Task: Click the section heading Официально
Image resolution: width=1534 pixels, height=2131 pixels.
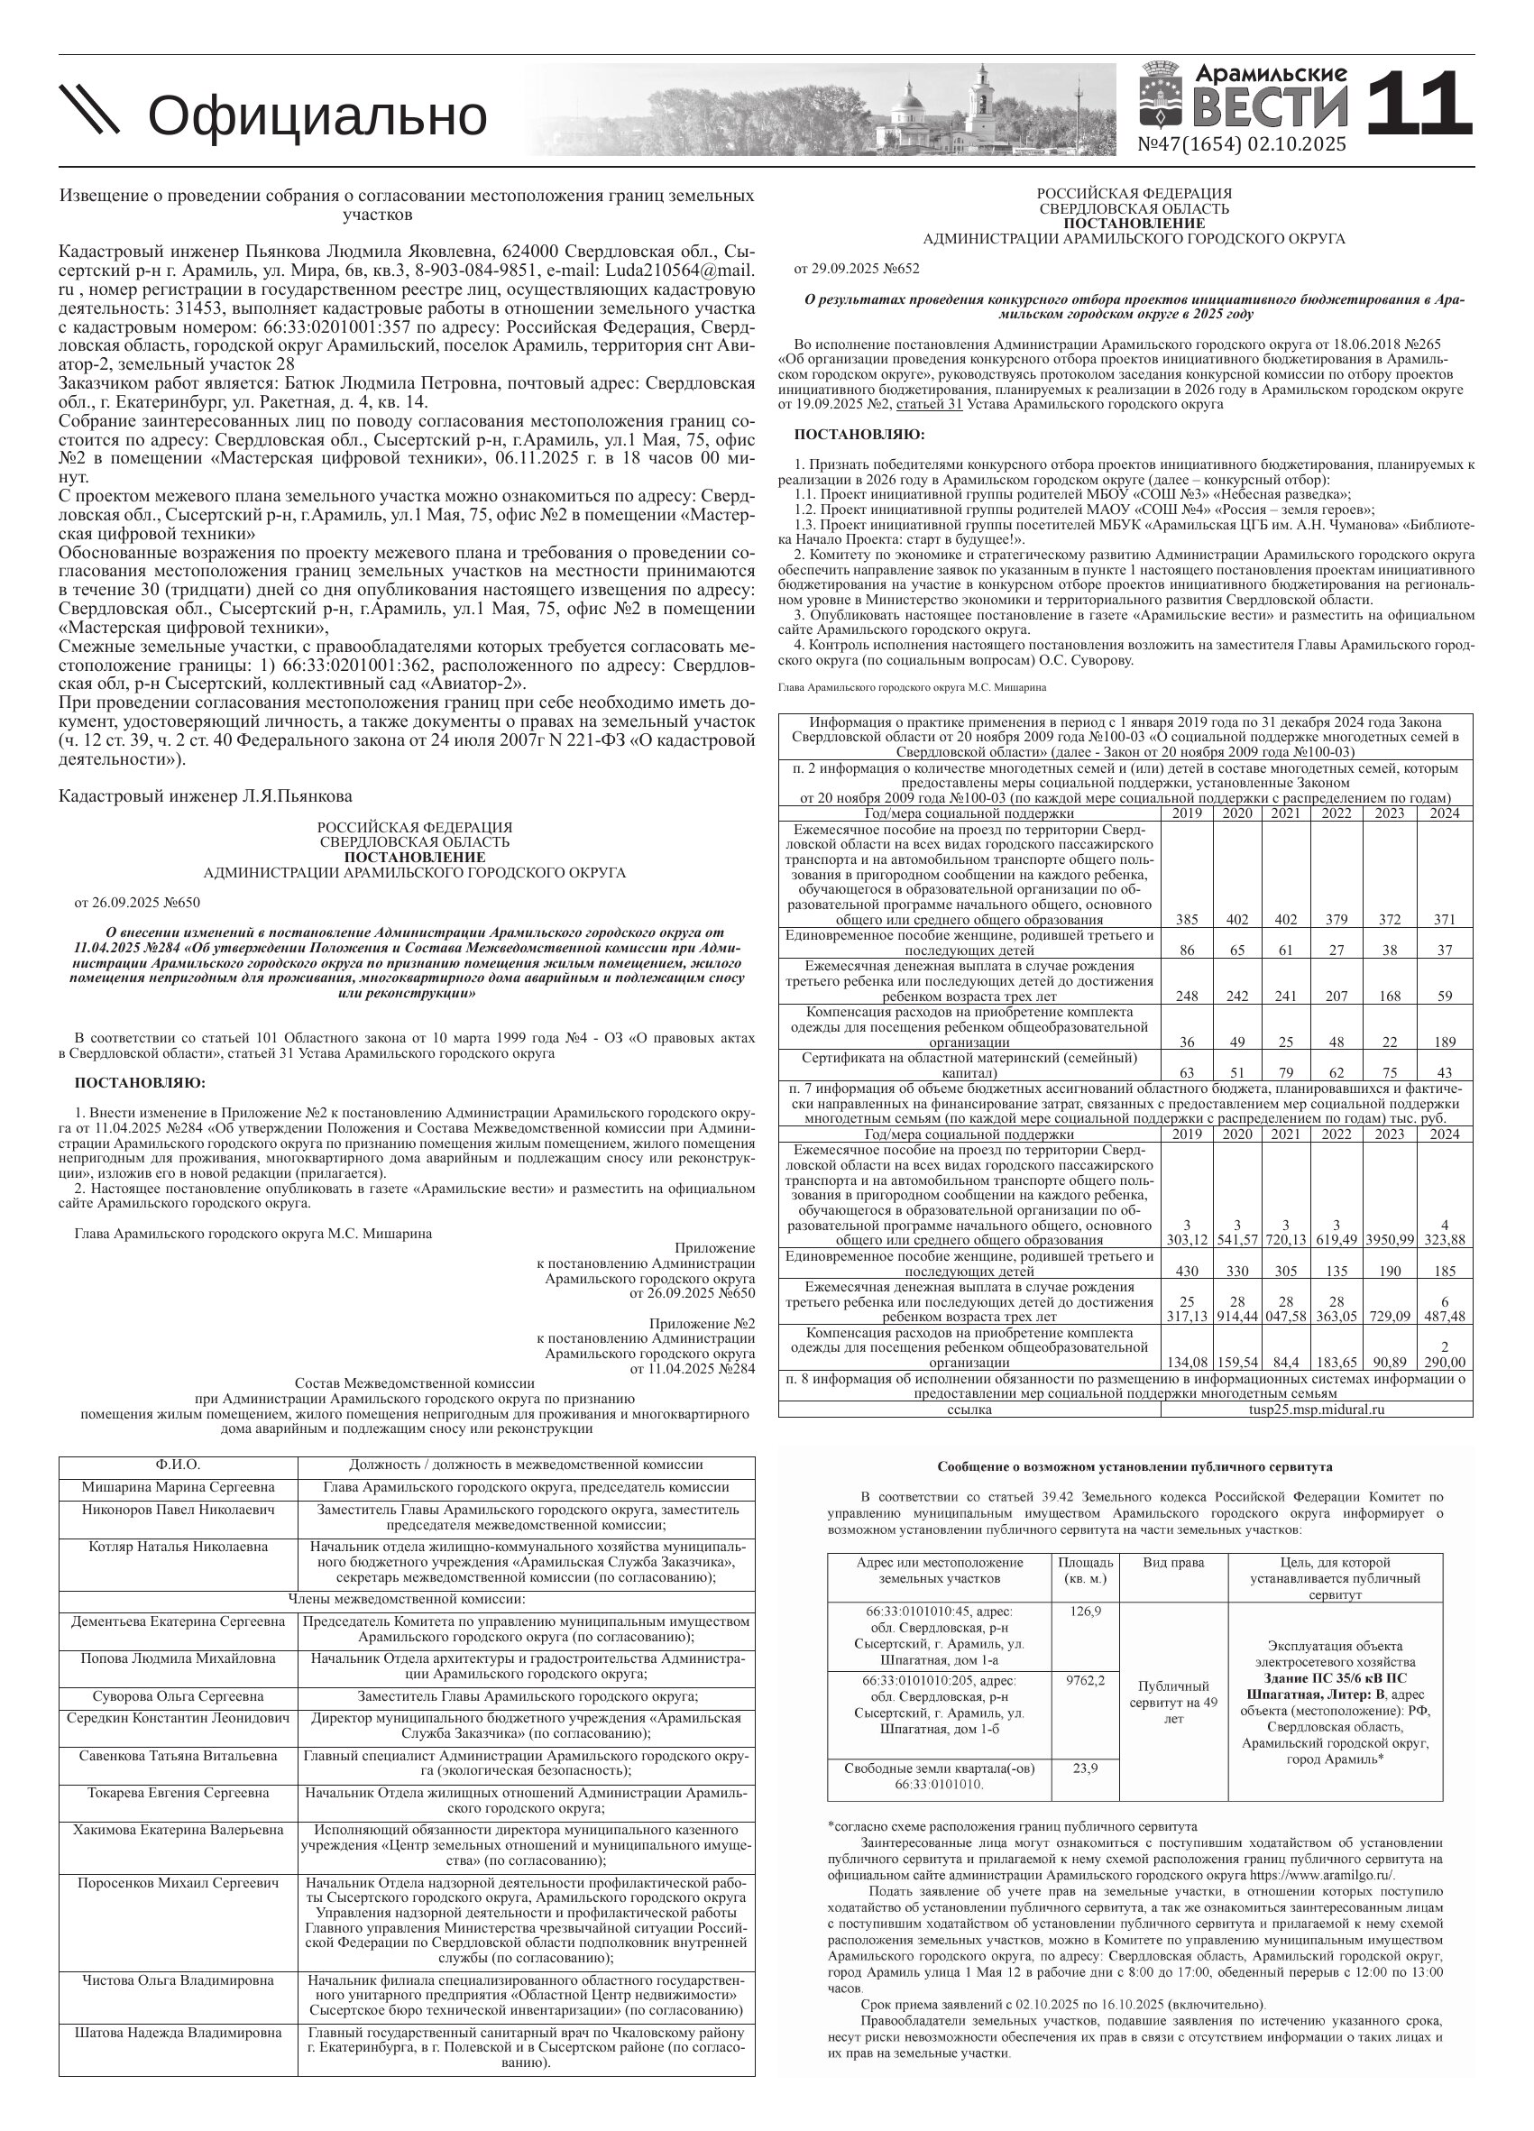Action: [x=317, y=116]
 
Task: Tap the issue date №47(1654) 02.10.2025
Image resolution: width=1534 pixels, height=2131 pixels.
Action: [x=1241, y=144]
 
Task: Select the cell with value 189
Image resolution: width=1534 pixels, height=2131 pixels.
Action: [x=1445, y=1042]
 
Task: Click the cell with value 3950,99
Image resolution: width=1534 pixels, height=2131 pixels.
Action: [x=1390, y=1239]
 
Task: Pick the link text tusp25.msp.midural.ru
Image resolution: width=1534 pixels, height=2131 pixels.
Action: [x=1316, y=1409]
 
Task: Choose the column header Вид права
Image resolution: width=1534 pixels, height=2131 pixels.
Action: [x=1173, y=1563]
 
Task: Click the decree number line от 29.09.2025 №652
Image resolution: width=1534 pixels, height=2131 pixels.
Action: [x=857, y=269]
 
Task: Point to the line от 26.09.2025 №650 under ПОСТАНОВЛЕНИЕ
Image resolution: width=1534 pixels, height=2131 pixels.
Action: [x=137, y=903]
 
